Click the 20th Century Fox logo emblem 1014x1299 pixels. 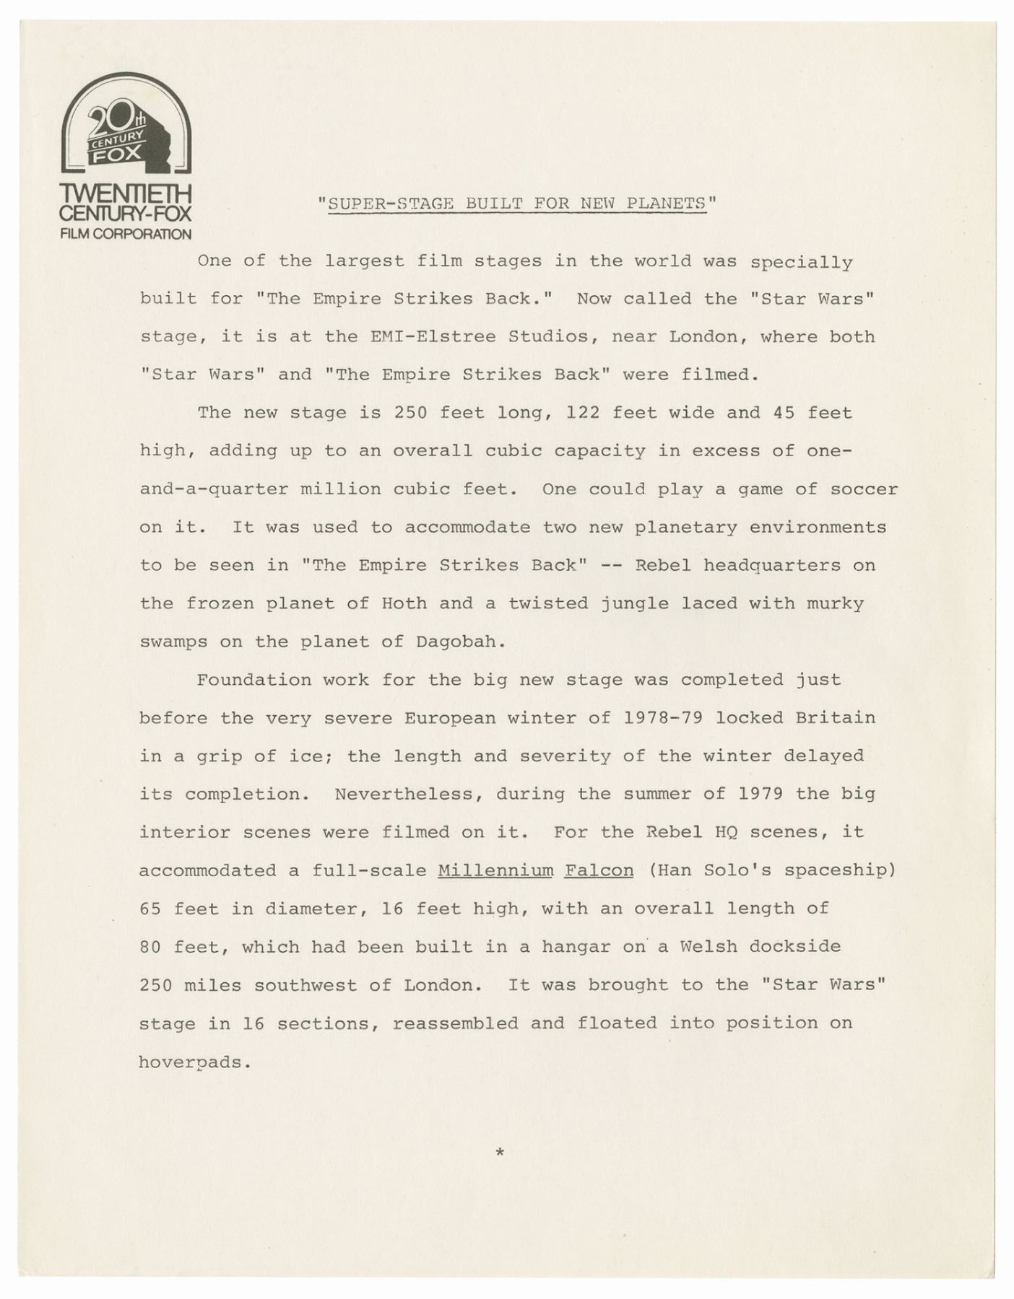(x=126, y=123)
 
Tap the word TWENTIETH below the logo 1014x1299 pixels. (x=126, y=195)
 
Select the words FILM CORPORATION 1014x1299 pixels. (x=126, y=234)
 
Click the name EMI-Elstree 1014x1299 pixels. (x=433, y=337)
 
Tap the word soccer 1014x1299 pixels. (x=864, y=489)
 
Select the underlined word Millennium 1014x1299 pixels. (x=495, y=870)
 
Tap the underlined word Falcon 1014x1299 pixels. (x=599, y=870)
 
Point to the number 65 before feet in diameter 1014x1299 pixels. (x=150, y=909)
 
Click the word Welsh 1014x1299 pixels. (x=708, y=947)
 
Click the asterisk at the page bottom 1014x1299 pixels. (x=499, y=1153)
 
